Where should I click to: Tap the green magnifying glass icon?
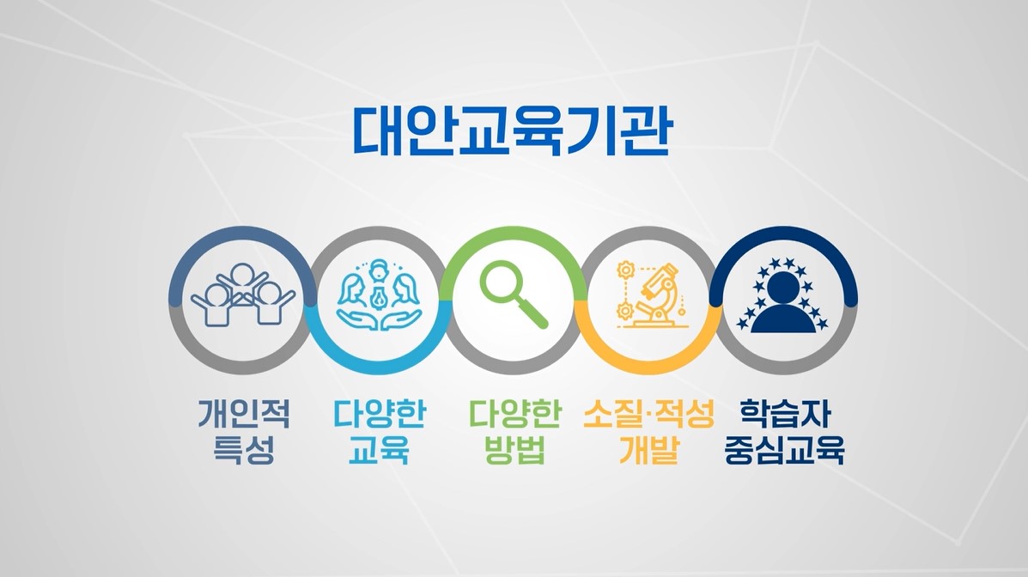click(513, 294)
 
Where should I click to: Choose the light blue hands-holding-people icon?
click(379, 295)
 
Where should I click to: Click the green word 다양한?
click(514, 415)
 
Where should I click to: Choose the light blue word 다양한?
click(379, 415)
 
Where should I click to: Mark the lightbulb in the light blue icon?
click(379, 294)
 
